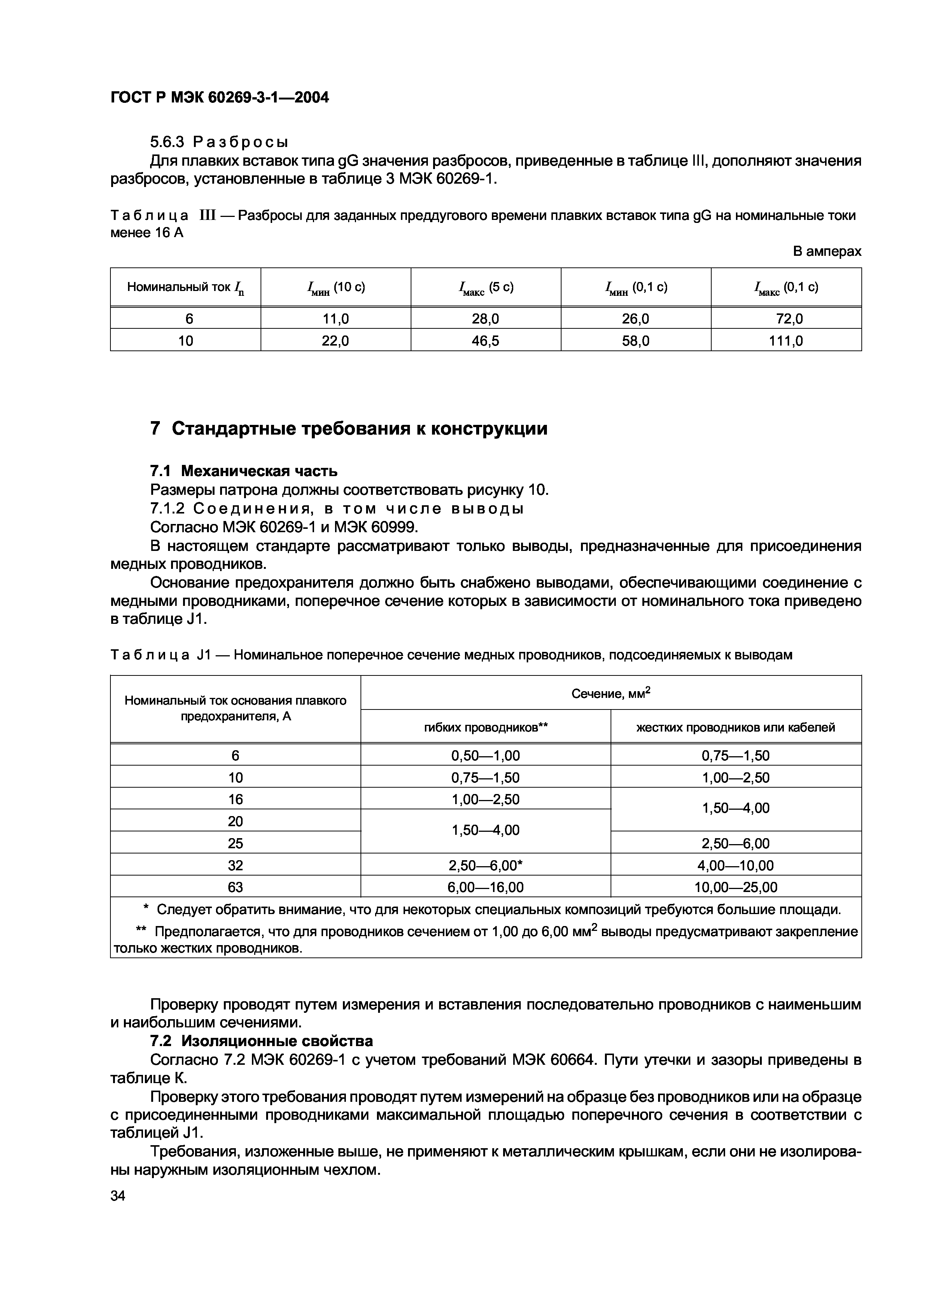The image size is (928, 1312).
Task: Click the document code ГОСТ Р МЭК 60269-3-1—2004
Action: pos(220,98)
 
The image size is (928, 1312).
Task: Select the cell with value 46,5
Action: pos(486,341)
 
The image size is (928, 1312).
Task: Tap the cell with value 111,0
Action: pos(786,341)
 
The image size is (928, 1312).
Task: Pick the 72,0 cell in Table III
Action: pos(786,318)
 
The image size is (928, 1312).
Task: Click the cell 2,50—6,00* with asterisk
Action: pos(486,865)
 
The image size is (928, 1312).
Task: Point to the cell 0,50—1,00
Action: pos(486,755)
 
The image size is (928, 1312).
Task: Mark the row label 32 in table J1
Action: pos(235,865)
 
